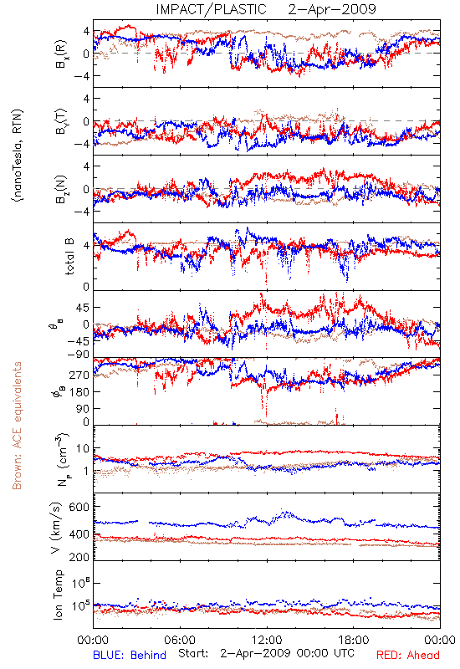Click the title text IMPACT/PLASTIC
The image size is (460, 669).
pos(212,9)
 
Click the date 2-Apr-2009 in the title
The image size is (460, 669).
pos(332,9)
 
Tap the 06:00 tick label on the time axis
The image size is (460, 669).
pos(180,640)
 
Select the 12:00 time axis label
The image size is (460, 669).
pos(267,640)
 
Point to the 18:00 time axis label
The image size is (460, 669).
pos(353,640)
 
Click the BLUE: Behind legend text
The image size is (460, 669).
pos(130,655)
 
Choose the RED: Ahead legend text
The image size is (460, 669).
pos(407,655)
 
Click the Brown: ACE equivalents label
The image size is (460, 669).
pos(17,426)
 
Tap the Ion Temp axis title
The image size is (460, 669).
pos(58,595)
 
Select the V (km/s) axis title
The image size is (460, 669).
pos(56,528)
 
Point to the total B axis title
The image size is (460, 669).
pos(69,256)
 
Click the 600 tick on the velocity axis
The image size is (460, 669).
pos(79,507)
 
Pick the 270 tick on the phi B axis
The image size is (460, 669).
pos(79,375)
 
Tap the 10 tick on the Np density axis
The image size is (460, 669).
pos(83,449)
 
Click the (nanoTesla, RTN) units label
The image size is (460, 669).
pos(18,155)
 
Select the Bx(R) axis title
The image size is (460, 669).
pos(60,54)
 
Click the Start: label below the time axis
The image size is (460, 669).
pos(193,653)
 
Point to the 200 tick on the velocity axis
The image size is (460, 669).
pos(79,557)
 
